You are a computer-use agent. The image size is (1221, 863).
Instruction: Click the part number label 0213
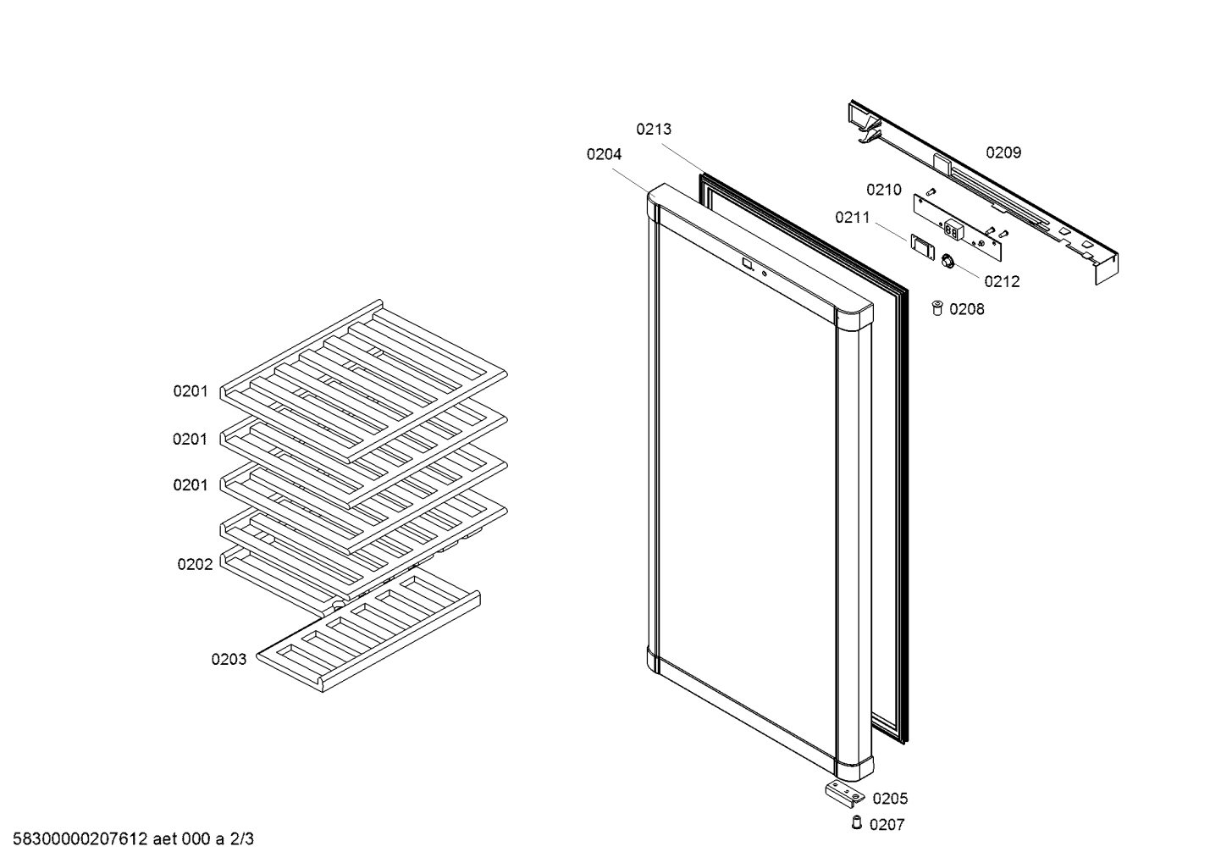pyautogui.click(x=654, y=130)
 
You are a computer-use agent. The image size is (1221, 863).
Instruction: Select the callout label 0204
pyautogui.click(x=604, y=154)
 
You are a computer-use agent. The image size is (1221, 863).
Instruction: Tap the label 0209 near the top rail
pyautogui.click(x=1003, y=152)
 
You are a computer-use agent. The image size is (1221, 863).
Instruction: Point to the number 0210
pyautogui.click(x=884, y=190)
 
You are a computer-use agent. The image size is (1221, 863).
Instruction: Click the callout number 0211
pyautogui.click(x=853, y=218)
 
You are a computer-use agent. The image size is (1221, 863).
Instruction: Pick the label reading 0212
pyautogui.click(x=1002, y=281)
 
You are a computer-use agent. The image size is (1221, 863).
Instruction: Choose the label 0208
pyautogui.click(x=967, y=309)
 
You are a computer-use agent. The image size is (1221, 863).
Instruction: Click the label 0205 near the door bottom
pyautogui.click(x=890, y=799)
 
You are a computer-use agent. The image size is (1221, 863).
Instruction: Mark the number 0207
pyautogui.click(x=887, y=825)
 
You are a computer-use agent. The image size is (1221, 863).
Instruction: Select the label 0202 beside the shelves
pyautogui.click(x=195, y=564)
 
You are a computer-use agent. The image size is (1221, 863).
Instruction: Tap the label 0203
pyautogui.click(x=229, y=660)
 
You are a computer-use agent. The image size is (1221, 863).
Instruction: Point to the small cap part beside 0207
pyautogui.click(x=857, y=822)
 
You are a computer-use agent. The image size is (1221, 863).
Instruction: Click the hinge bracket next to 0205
pyautogui.click(x=845, y=794)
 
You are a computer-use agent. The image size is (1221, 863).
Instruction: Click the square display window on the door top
pyautogui.click(x=748, y=264)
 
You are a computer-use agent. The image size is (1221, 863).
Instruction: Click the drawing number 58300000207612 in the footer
pyautogui.click(x=80, y=839)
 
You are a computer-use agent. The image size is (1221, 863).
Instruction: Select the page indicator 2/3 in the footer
pyautogui.click(x=242, y=839)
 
